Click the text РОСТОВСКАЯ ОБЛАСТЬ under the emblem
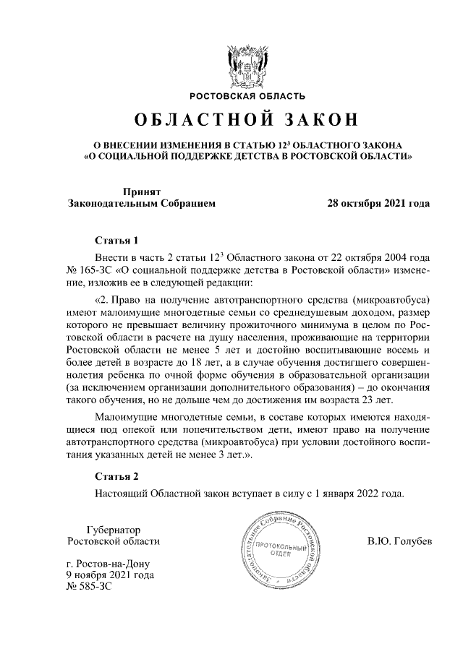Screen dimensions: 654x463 [247, 95]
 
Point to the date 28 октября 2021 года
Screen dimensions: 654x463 [380, 204]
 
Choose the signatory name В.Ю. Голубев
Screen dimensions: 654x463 [399, 541]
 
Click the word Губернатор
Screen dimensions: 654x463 [112, 529]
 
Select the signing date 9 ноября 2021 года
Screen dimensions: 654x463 [109, 575]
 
